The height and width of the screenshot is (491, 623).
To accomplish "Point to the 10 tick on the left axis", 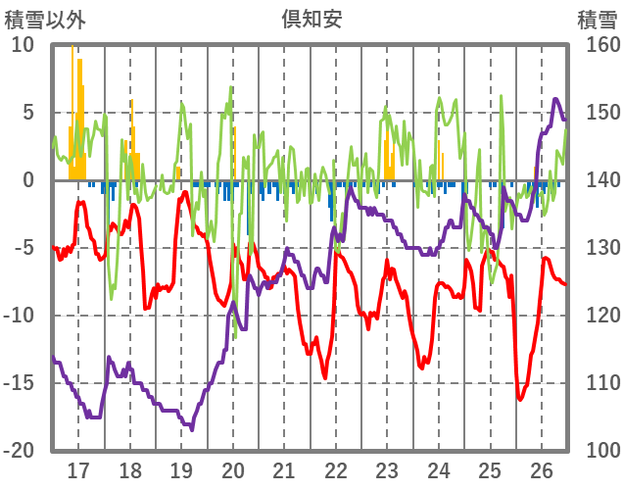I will click(x=23, y=45).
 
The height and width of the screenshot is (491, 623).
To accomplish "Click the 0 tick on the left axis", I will click(x=27, y=180).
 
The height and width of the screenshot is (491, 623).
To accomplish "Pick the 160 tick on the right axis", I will click(x=597, y=45).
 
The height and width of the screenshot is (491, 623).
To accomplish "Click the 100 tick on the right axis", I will click(x=597, y=451).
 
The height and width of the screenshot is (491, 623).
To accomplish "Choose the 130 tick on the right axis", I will click(x=597, y=248).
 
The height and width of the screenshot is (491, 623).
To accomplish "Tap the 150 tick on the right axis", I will click(x=597, y=113).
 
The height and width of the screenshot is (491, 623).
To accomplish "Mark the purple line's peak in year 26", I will click(x=555, y=99).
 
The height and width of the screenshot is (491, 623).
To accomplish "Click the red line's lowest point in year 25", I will click(x=521, y=399).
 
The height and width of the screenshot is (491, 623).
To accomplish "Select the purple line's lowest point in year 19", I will click(x=192, y=429).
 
